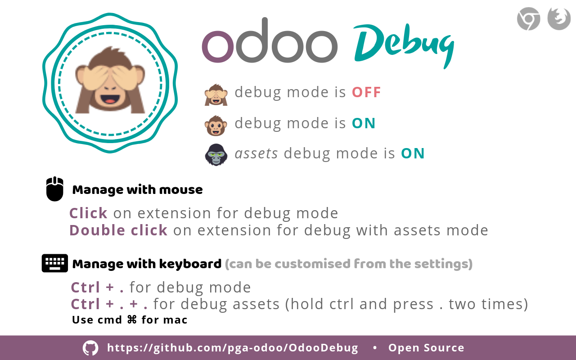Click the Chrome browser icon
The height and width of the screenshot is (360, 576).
coord(528,19)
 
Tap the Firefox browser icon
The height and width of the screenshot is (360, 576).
coord(559,19)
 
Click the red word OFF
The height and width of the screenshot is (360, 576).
coord(366,92)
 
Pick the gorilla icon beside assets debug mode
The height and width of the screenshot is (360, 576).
coord(216,154)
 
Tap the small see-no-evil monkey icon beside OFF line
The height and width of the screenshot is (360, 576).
coord(216,94)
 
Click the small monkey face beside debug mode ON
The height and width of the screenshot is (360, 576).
coord(216,126)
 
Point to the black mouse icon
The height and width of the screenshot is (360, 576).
coord(55,189)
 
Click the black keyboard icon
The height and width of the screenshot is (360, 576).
coord(55,263)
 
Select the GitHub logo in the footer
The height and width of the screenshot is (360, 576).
coord(90,348)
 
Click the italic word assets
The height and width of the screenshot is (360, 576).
coord(256,153)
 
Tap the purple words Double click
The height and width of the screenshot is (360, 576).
coord(118,230)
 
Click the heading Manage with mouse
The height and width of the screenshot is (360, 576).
coord(137,190)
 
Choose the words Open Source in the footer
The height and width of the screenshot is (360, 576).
coord(426,348)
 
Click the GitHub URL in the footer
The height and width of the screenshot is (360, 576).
coord(233,348)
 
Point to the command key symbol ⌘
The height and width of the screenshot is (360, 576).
coord(132,320)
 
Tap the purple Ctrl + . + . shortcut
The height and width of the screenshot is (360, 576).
coord(109,304)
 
